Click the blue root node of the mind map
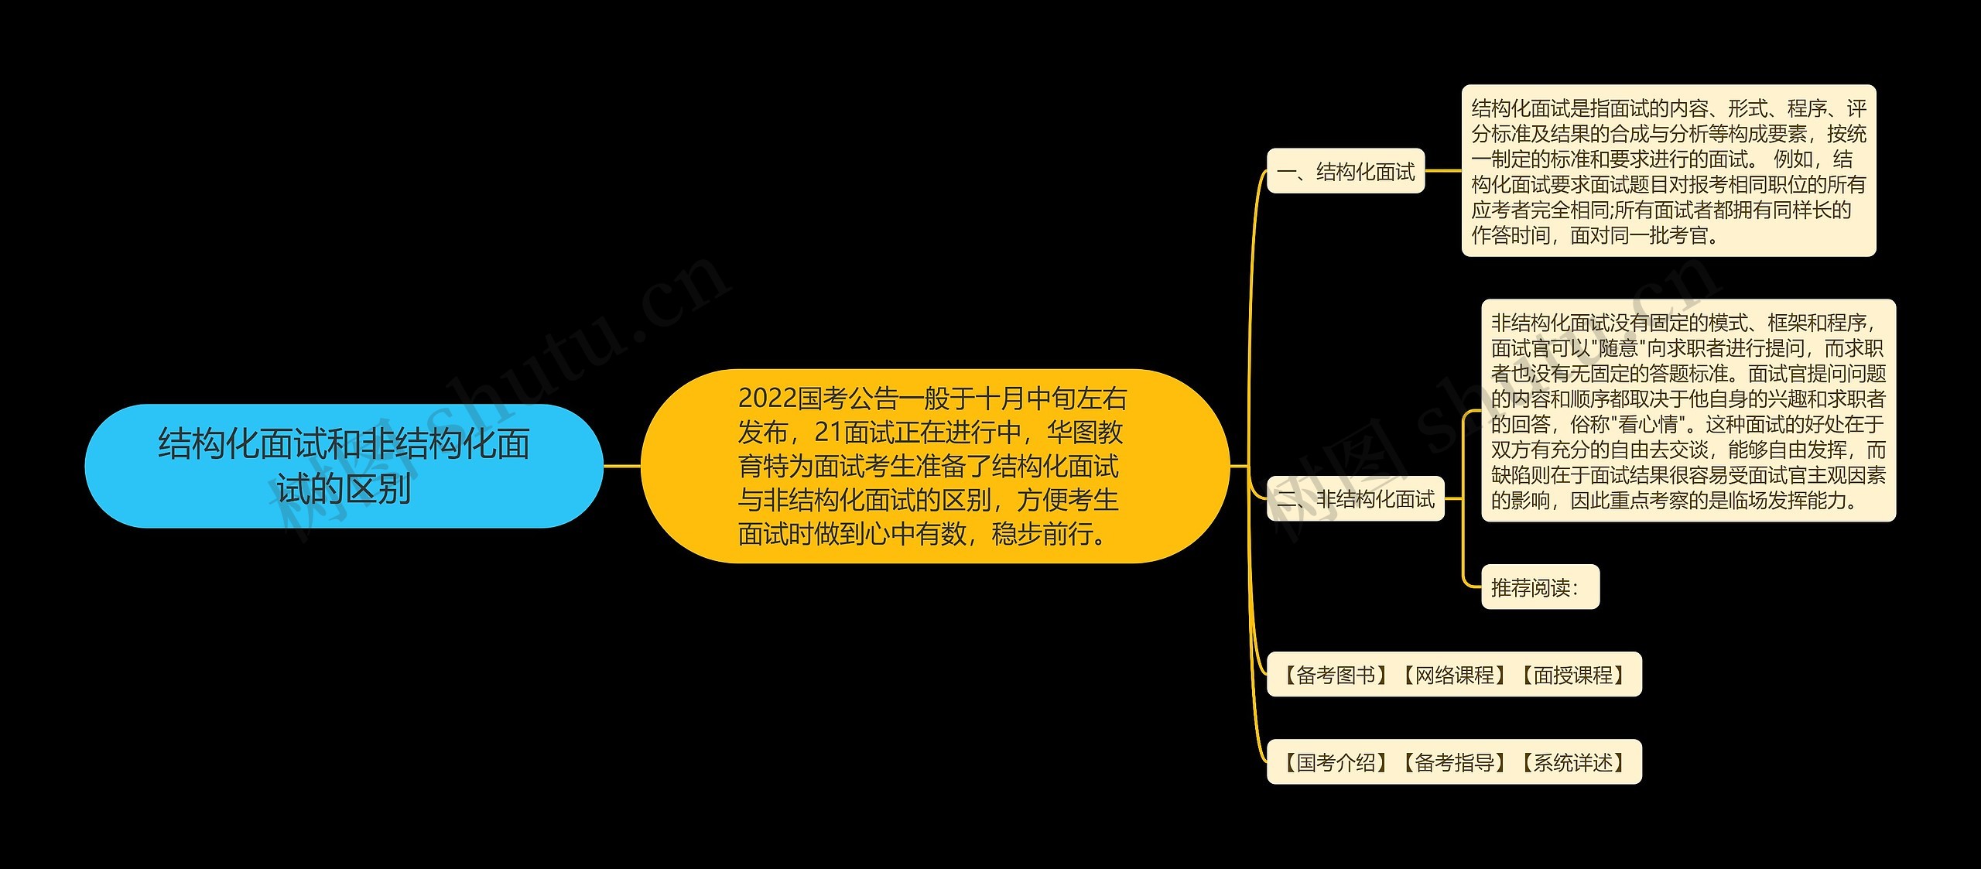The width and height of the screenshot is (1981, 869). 343,466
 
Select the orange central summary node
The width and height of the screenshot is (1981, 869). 934,466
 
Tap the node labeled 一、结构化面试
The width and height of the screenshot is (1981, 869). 1345,171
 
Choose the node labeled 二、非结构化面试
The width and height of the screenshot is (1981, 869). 1355,499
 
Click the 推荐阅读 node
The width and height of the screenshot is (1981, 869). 1539,587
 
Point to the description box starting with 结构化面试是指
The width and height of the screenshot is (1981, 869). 1668,171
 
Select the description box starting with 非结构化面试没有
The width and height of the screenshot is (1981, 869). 1688,411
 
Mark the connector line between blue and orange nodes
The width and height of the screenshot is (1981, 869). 622,466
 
